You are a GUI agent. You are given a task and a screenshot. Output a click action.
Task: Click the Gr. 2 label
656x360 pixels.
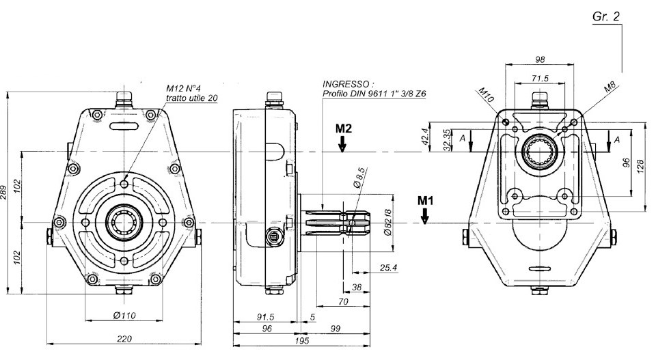coord(606,16)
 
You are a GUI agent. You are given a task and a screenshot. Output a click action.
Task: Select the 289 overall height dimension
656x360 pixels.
coord(4,193)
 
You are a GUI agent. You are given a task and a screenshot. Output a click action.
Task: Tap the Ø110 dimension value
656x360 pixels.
coord(124,316)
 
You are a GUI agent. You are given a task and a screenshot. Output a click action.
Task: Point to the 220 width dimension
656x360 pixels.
coord(124,339)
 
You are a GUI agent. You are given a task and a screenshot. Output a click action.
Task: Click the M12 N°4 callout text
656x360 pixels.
coord(184,89)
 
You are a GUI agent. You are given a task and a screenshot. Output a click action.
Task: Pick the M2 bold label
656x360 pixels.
coord(344,128)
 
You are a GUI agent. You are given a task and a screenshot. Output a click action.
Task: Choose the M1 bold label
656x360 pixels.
coord(426,201)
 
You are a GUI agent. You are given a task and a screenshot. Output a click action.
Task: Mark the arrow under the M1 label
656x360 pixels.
coord(424,216)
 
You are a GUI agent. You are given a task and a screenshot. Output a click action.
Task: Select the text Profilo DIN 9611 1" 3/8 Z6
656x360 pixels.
coord(374,94)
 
